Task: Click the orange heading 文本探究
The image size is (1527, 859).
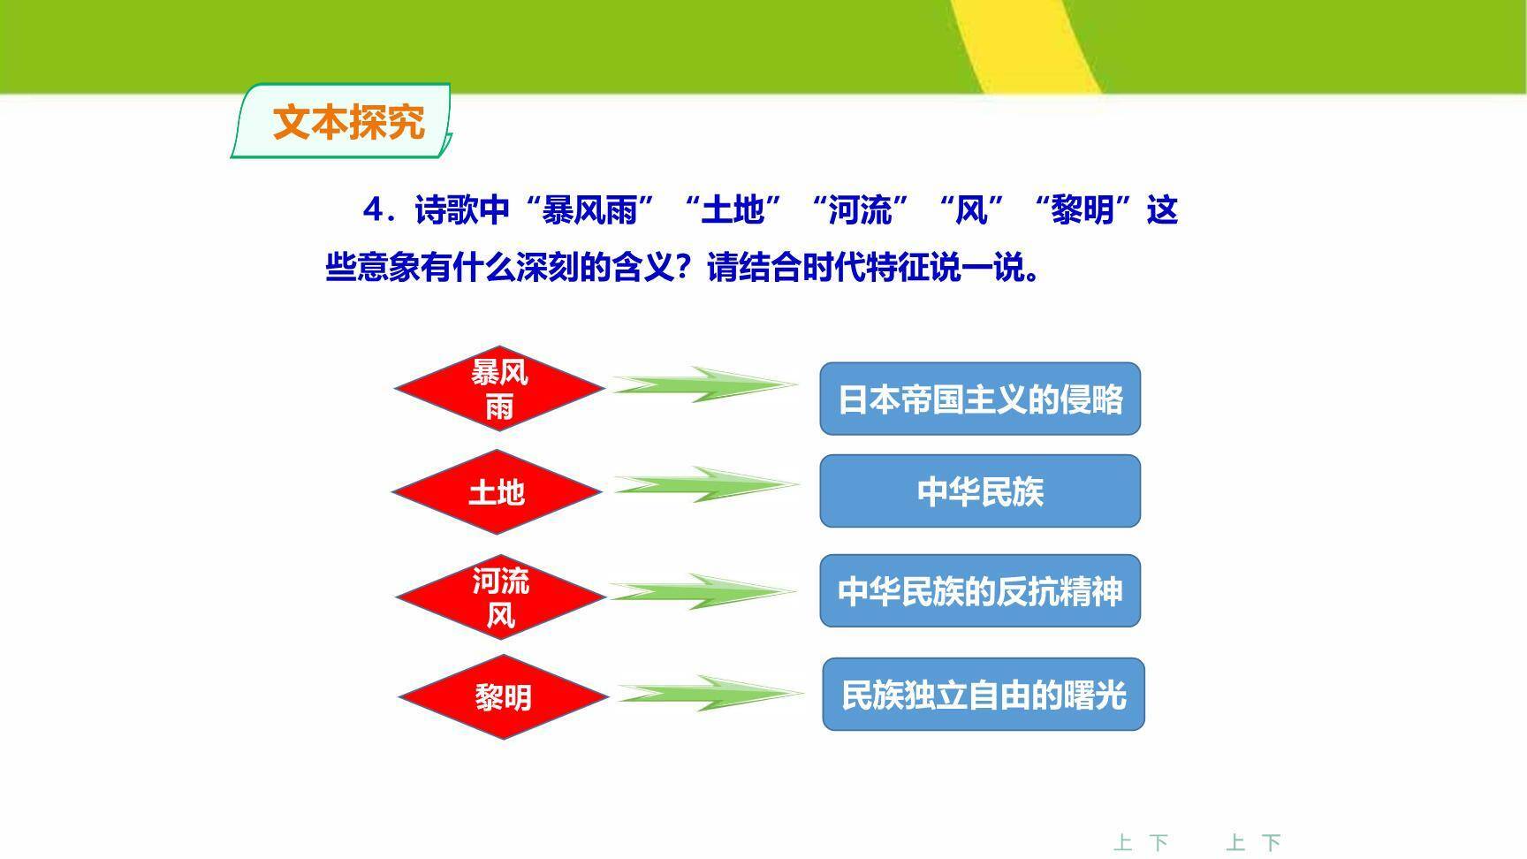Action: tap(348, 122)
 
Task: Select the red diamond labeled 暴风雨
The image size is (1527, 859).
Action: tap(499, 389)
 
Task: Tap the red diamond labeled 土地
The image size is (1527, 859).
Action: tap(497, 491)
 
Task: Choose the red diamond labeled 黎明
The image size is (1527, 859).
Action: tap(504, 697)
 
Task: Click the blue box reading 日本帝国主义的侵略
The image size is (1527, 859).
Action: tap(980, 399)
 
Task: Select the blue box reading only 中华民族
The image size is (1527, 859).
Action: tap(980, 491)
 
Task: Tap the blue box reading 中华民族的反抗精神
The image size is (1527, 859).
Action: tap(980, 591)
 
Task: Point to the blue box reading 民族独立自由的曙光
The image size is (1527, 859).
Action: tap(984, 695)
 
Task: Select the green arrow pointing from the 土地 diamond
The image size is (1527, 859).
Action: tap(706, 485)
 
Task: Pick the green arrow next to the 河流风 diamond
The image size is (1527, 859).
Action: tap(703, 591)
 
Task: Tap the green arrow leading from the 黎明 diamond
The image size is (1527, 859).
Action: tap(710, 694)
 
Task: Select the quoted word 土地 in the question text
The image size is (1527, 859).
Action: tap(733, 210)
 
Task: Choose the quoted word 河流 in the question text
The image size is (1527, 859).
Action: tap(860, 210)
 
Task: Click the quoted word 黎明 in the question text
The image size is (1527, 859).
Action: tap(1083, 210)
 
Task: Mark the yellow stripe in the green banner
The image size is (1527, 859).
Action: tap(1029, 44)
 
